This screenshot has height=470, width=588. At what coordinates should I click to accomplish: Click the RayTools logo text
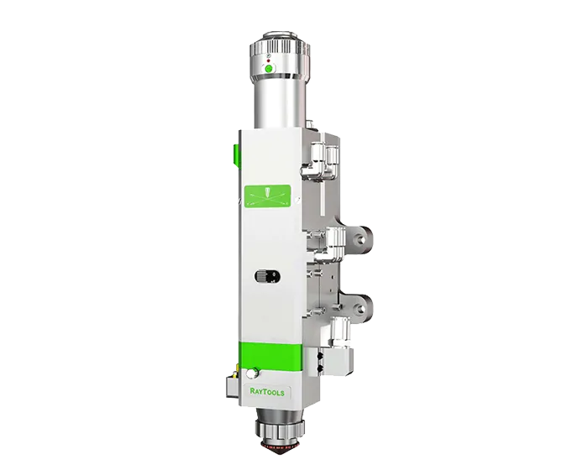267,392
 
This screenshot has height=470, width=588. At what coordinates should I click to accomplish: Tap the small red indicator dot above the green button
268,60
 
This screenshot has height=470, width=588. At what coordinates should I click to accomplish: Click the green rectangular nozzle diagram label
268,196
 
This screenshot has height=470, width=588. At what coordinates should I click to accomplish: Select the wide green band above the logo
270,355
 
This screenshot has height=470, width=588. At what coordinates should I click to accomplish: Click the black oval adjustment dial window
267,277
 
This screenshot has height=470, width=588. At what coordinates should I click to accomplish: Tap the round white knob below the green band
252,373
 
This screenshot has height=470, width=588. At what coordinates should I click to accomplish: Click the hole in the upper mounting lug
361,238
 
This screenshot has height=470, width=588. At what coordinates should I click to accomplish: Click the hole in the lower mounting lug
361,309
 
